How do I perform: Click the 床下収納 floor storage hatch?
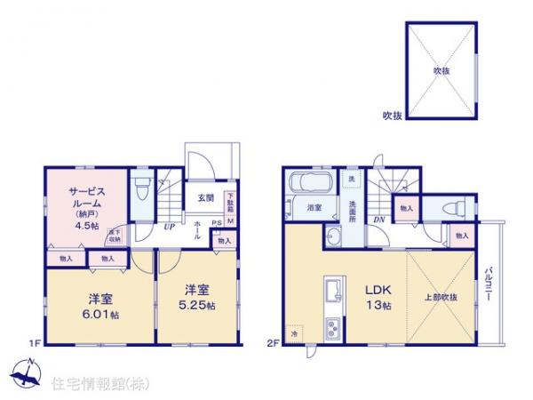114,236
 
